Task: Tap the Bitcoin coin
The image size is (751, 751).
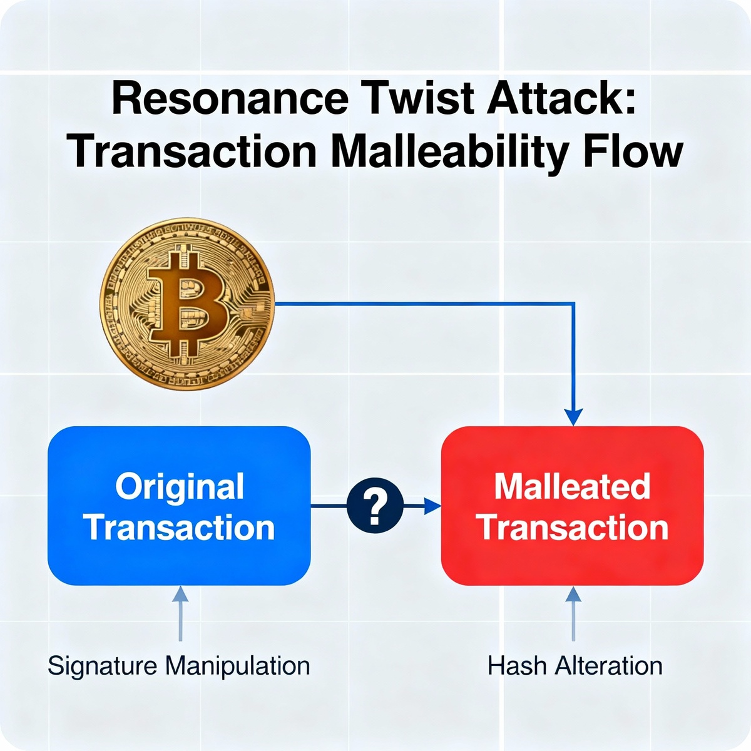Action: click(x=187, y=301)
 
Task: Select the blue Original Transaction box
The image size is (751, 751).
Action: click(x=179, y=506)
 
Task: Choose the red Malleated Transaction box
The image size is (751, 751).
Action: click(x=573, y=506)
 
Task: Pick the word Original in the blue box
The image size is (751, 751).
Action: click(x=180, y=486)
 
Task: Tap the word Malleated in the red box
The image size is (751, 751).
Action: click(x=573, y=486)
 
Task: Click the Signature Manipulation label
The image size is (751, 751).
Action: click(x=179, y=665)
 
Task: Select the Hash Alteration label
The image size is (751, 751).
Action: click(x=575, y=665)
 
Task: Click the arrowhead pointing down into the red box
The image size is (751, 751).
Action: click(x=573, y=417)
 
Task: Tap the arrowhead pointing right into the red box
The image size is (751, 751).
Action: click(x=432, y=506)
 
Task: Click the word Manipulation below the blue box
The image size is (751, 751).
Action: click(x=237, y=665)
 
